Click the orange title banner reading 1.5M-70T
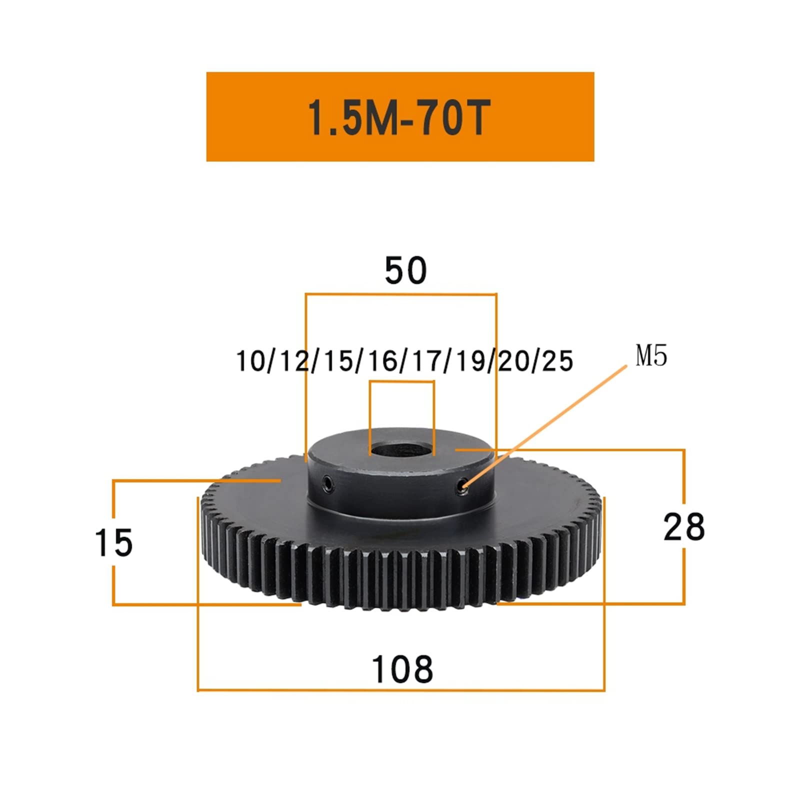(x=400, y=116)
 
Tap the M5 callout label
(x=651, y=356)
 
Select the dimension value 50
(x=405, y=270)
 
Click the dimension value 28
(x=684, y=527)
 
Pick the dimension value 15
(x=114, y=543)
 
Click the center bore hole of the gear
(x=401, y=448)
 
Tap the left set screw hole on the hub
(x=327, y=482)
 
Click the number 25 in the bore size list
(x=557, y=361)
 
